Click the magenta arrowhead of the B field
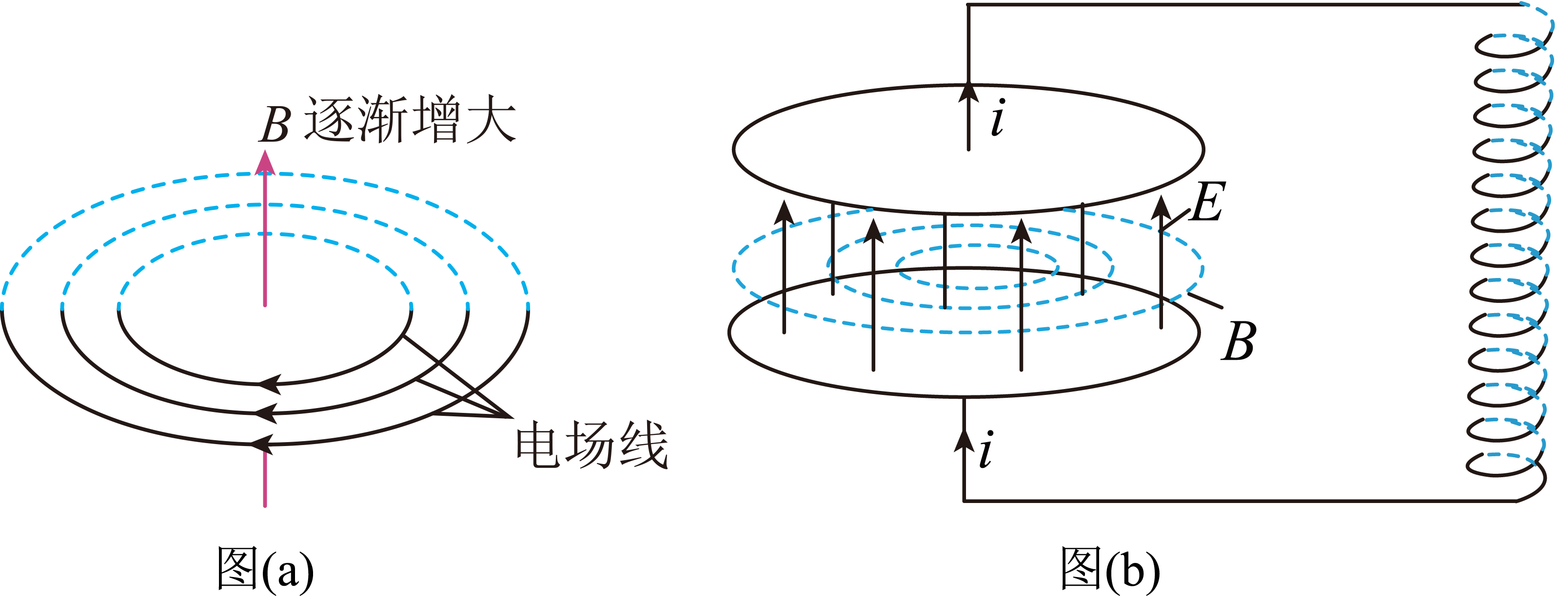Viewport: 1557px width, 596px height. [x=265, y=163]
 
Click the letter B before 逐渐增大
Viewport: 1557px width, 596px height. [x=276, y=125]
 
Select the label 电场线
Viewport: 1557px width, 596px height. [x=591, y=445]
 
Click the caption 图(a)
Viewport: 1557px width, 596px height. [x=265, y=568]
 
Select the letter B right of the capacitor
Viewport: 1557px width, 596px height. [x=1239, y=341]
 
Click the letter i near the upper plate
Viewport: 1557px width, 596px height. [x=998, y=117]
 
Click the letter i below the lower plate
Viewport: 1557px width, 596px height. [x=986, y=449]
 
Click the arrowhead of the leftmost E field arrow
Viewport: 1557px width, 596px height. [x=784, y=213]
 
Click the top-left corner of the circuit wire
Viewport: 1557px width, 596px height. [x=968, y=5]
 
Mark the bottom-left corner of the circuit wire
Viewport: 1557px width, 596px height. [x=964, y=501]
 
